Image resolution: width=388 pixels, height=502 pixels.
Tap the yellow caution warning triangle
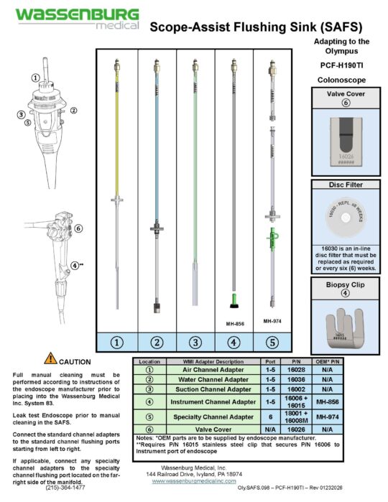click(x=50, y=358)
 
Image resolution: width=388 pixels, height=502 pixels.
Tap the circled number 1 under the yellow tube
click(x=116, y=342)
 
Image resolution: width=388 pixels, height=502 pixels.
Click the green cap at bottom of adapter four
click(x=234, y=295)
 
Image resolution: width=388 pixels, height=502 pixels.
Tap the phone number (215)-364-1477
click(x=64, y=487)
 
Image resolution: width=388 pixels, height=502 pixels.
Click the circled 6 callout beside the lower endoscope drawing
click(x=78, y=229)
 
